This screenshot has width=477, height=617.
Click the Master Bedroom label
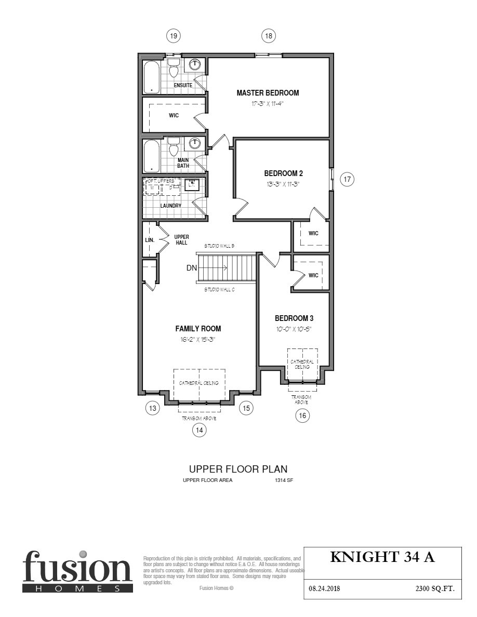(x=268, y=93)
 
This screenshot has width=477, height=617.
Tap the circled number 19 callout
(x=174, y=36)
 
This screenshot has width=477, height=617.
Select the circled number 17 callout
(x=347, y=180)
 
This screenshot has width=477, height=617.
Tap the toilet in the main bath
(x=174, y=148)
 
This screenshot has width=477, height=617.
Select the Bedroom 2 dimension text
(x=283, y=184)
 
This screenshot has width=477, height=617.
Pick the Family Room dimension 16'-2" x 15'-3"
(x=197, y=340)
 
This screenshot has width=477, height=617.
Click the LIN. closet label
(x=149, y=240)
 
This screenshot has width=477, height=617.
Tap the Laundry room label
(x=170, y=206)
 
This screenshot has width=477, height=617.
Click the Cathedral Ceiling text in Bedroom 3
(x=302, y=364)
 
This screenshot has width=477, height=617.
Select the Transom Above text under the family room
(x=198, y=418)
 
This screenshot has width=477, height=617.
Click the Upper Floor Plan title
(x=238, y=469)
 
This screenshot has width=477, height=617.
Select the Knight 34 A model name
(x=382, y=557)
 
